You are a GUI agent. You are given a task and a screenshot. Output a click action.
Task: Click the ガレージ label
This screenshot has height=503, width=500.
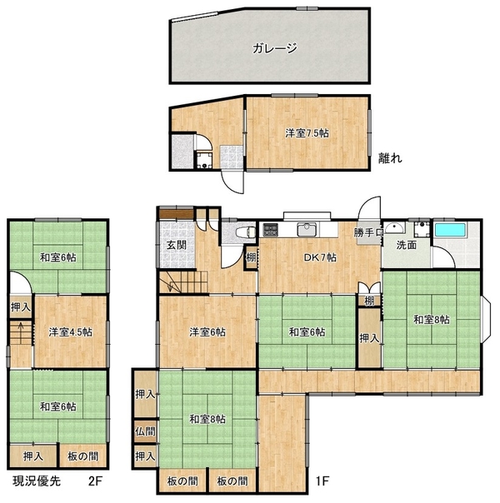pos(275,48)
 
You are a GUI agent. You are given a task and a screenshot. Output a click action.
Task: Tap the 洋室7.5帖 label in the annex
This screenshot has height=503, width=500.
pos(307,133)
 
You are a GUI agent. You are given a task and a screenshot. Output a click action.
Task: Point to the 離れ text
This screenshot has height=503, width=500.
pos(390,158)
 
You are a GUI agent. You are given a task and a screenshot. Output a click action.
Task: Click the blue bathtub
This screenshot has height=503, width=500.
pos(450,230)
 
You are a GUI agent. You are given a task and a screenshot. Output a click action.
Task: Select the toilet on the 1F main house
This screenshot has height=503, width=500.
pos(246,232)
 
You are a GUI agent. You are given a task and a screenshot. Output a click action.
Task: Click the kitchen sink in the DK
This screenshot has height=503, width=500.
pos(307,229)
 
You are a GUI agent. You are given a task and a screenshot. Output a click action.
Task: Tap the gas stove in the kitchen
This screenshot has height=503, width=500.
pos(272,230)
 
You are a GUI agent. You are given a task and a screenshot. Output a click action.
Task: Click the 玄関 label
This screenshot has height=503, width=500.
pos(177,246)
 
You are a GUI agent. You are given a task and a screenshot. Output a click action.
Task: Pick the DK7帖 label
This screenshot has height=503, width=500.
pos(320,257)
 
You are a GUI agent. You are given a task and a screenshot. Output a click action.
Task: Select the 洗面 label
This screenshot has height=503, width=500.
pos(407,246)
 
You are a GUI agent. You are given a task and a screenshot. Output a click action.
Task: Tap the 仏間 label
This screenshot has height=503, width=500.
pos(145,431)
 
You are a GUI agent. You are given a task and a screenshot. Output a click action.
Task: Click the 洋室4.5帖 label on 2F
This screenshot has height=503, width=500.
pos(70,332)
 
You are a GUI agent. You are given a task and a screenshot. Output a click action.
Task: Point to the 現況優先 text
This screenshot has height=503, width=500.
pos(37,481)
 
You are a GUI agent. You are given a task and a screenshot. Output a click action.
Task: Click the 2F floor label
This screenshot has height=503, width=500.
pos(95,481)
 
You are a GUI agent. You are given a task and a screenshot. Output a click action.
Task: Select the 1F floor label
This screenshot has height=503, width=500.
pos(322,481)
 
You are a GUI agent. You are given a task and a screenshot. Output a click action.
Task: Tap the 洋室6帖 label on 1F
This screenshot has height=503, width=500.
pos(207,332)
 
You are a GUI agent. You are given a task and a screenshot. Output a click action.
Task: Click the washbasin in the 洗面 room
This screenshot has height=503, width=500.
pos(394,227)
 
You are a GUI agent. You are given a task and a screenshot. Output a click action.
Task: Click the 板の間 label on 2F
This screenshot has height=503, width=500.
pos(82,456)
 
